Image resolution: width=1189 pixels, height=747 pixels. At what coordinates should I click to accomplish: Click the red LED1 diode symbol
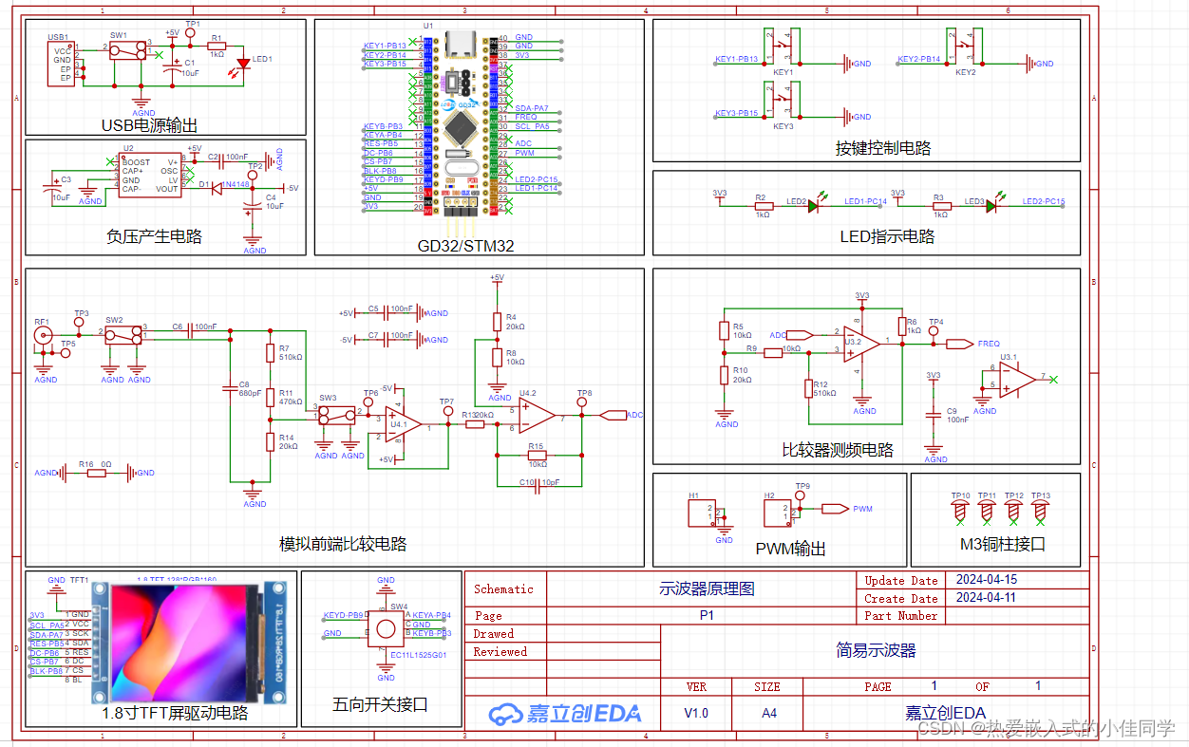click(243, 63)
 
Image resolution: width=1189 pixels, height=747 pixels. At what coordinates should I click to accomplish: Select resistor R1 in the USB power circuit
click(217, 44)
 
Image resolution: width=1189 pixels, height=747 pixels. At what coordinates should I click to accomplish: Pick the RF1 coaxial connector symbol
click(43, 334)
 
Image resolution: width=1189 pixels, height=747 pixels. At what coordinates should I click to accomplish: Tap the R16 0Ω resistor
click(96, 473)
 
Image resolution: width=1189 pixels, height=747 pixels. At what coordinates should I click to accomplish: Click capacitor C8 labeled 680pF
click(229, 387)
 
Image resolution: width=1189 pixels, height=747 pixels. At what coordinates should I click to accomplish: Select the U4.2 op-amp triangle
click(537, 415)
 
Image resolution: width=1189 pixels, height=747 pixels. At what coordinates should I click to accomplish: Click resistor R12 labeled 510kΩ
click(808, 388)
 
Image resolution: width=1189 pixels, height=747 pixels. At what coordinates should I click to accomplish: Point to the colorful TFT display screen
click(186, 642)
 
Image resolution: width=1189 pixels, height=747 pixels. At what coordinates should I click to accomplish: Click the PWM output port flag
click(834, 509)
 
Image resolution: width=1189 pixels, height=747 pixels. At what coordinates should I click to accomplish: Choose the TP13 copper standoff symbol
click(1041, 511)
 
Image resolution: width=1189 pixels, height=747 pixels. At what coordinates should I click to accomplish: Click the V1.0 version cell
click(696, 713)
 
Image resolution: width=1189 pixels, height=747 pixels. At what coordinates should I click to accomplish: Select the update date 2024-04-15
click(987, 580)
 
